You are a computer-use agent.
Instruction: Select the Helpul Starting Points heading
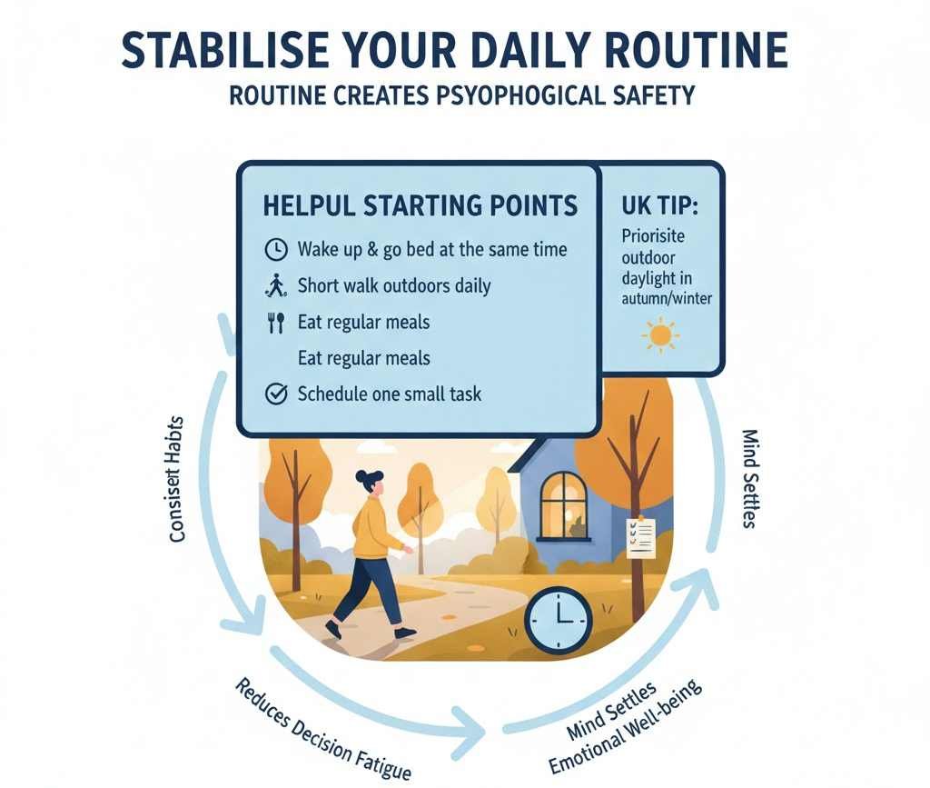pos(420,205)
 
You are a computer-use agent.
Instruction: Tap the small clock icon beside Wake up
pos(274,249)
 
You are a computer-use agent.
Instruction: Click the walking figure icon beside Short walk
pos(274,286)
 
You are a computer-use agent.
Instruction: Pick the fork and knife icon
pos(274,323)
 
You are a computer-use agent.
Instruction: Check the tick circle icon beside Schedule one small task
pos(274,394)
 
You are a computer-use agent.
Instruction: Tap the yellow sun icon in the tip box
pos(659,335)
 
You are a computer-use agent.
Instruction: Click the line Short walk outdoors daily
pos(393,286)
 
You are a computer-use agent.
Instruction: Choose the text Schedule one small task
pos(390,394)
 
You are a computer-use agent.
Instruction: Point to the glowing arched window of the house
pos(564,504)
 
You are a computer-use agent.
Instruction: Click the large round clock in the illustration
pos(558,621)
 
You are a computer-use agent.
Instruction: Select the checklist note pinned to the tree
pos(640,535)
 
